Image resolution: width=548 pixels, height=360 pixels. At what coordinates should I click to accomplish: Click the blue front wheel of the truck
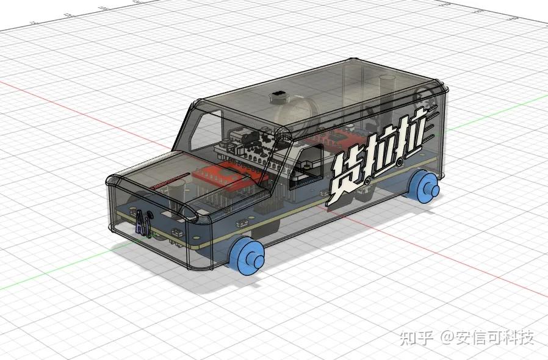point(247,255)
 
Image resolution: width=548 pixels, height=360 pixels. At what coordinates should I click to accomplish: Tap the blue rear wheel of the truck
point(424,186)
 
